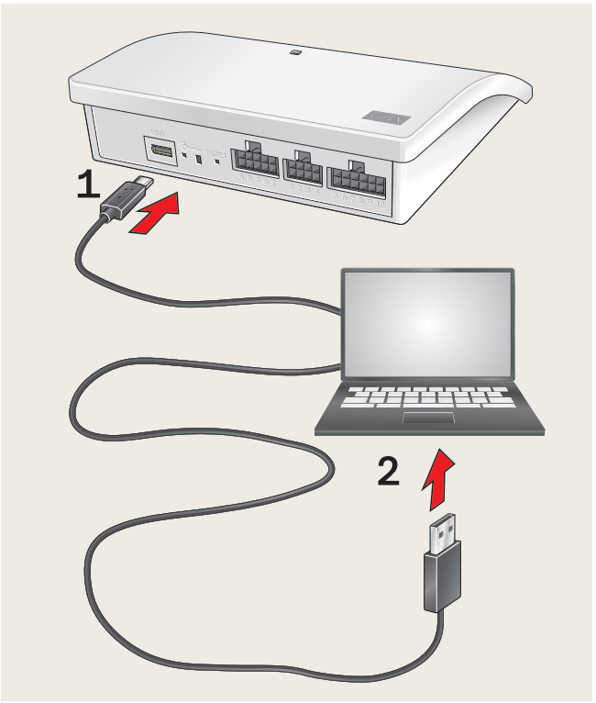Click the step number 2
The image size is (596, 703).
388,472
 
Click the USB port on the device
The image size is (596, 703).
160,151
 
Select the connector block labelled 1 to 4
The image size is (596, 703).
303,169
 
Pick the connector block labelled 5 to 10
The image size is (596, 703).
359,175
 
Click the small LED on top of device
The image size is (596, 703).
295,52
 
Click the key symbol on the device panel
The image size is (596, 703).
188,145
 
